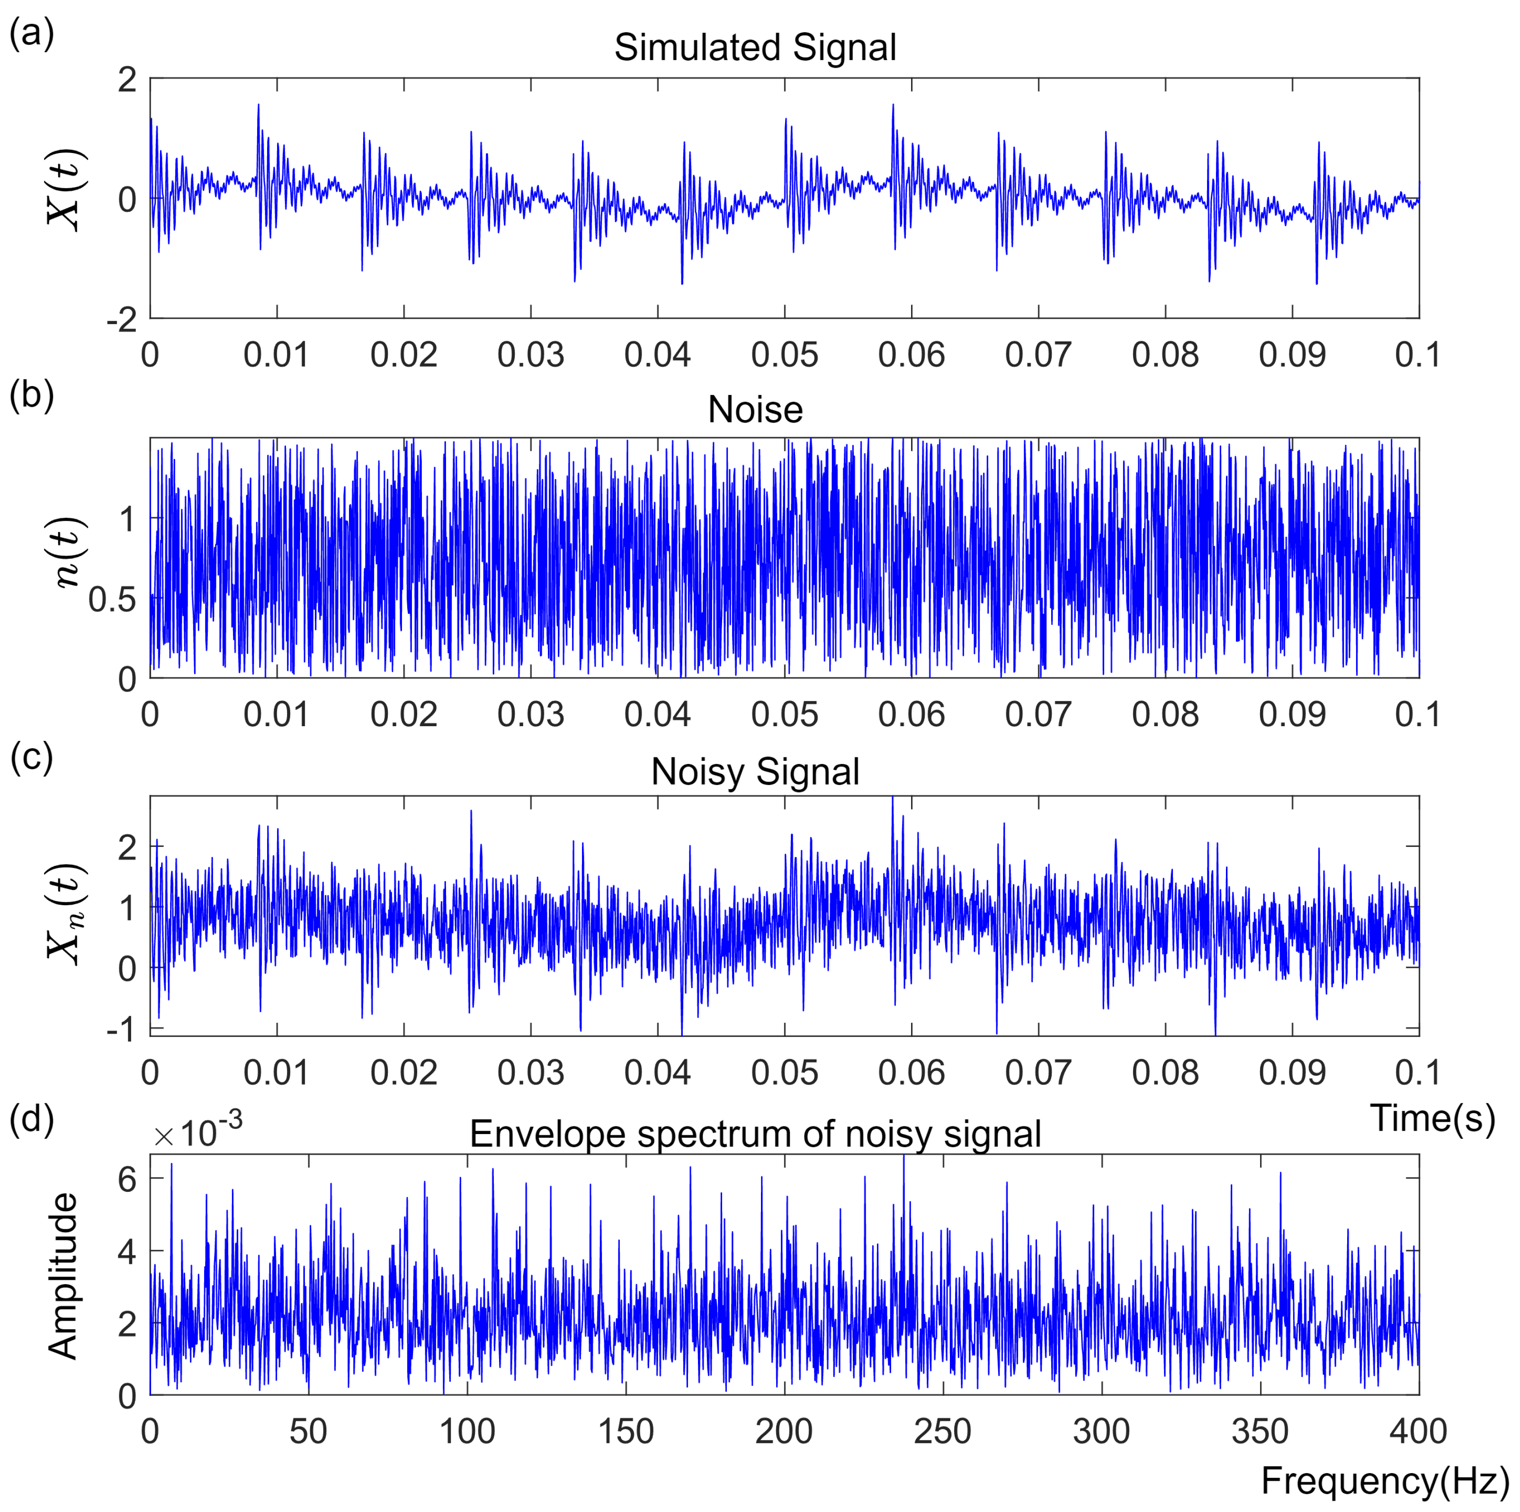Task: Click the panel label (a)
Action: click(x=31, y=34)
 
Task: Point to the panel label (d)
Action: click(x=31, y=1118)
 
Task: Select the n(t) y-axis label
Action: click(x=66, y=552)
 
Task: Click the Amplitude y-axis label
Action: click(x=63, y=1277)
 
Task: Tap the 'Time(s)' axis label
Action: click(x=1432, y=1118)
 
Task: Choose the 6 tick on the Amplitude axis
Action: click(x=127, y=1178)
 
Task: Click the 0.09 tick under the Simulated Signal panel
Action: click(x=1291, y=355)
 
